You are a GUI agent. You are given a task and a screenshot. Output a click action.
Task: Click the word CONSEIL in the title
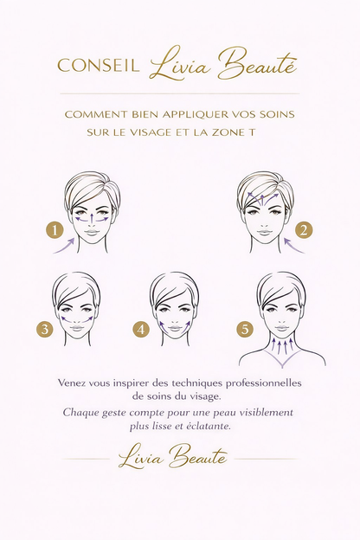pyautogui.click(x=99, y=65)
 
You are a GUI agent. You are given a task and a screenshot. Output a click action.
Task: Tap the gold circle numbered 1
pyautogui.click(x=55, y=229)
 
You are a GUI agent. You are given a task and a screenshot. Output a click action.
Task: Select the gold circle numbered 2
pyautogui.click(x=304, y=230)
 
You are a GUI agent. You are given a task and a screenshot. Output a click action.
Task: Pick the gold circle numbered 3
pyautogui.click(x=45, y=329)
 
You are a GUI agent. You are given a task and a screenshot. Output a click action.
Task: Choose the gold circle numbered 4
pyautogui.click(x=141, y=329)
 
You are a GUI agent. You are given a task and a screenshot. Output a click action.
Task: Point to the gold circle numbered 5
pyautogui.click(x=245, y=329)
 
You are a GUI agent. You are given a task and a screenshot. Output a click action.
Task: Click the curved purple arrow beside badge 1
pyautogui.click(x=66, y=247)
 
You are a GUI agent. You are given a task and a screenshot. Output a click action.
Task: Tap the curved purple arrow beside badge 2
pyautogui.click(x=293, y=247)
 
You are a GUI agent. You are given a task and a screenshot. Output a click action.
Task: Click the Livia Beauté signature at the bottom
pyautogui.click(x=173, y=457)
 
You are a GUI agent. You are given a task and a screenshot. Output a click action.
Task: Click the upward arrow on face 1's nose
pyautogui.click(x=92, y=219)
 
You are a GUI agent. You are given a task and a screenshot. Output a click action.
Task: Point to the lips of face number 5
pyautogui.click(x=282, y=328)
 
